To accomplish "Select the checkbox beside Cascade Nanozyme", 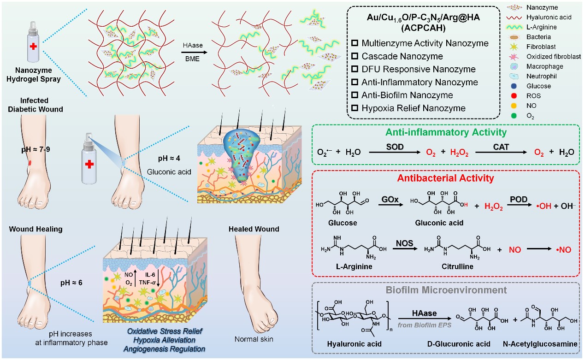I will click(355, 56).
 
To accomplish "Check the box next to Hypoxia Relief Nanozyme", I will click(355, 108).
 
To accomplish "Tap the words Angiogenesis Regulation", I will click(165, 349).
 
